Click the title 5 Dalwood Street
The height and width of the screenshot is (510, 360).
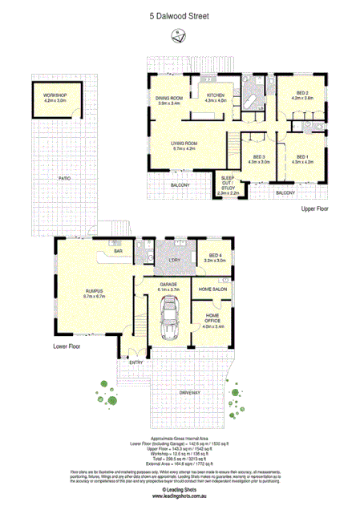[180, 14]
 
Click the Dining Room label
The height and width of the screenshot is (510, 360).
[170, 100]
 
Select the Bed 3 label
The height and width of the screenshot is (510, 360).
[258, 159]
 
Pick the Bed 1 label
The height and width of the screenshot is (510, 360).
[301, 159]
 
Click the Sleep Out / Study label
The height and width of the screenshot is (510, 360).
[229, 185]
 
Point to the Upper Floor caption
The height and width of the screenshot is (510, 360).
[315, 208]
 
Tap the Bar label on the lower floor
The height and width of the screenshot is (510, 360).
[116, 252]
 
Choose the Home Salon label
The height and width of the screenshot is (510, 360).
[214, 289]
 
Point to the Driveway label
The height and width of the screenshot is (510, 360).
[190, 392]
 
